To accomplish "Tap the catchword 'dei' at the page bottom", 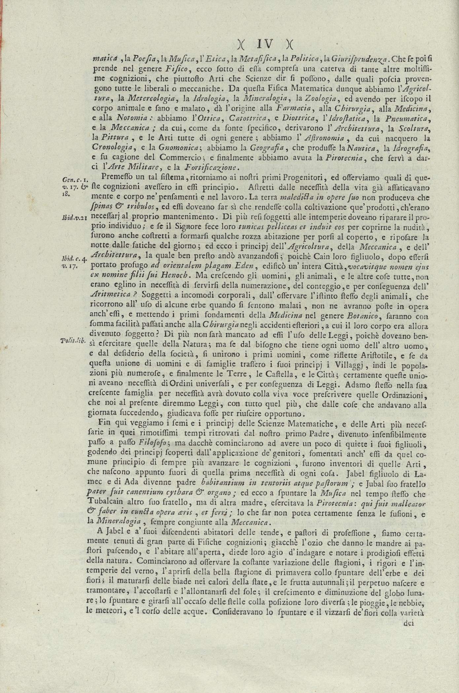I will point(408,623).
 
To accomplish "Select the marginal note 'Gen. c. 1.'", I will point(74,180).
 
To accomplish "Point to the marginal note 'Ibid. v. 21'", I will point(74,218).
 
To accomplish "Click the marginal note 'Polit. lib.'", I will point(74,341).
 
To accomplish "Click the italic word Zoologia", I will point(316,98).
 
